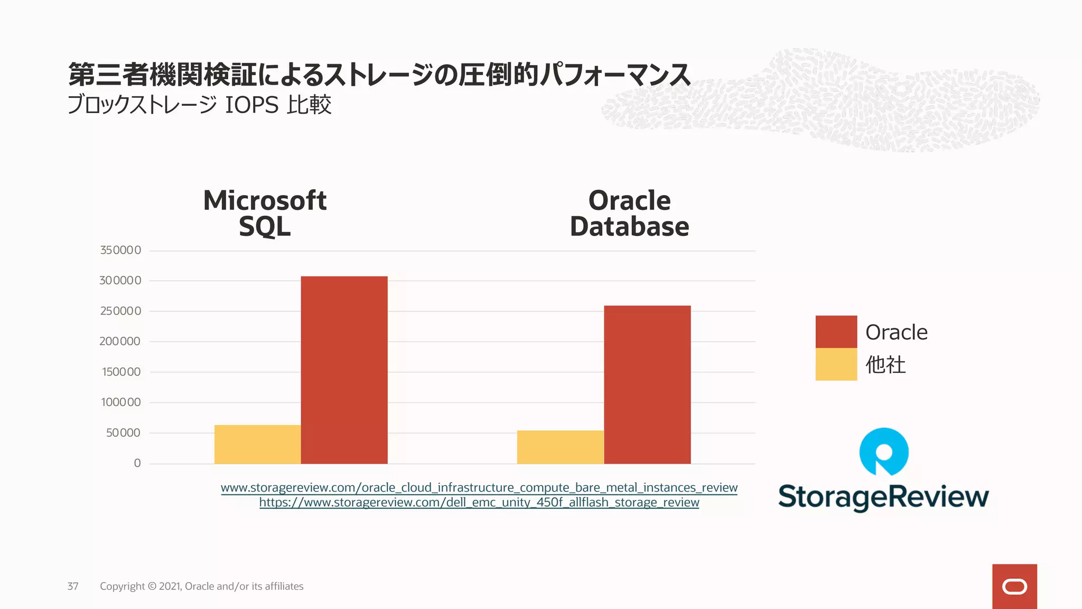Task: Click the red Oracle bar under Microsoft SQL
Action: (x=344, y=370)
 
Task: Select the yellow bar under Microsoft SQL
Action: (x=257, y=445)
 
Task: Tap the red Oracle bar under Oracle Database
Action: (x=647, y=385)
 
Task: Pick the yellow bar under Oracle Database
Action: (x=560, y=447)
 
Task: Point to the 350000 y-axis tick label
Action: (x=120, y=250)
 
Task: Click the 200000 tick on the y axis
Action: (x=120, y=342)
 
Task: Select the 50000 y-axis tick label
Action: (x=123, y=433)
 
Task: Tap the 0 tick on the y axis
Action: (x=137, y=463)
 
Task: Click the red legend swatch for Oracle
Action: (x=836, y=332)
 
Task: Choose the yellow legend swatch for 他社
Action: (x=836, y=364)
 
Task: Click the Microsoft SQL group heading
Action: (x=265, y=214)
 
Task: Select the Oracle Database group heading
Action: (x=629, y=214)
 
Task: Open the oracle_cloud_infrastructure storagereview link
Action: (x=479, y=487)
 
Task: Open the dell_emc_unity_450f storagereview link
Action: (x=479, y=502)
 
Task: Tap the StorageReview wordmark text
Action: (x=883, y=497)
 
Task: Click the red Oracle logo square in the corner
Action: (x=1014, y=586)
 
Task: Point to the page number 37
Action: (x=73, y=586)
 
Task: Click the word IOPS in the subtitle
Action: (x=251, y=105)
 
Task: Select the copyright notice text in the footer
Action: (x=201, y=586)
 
